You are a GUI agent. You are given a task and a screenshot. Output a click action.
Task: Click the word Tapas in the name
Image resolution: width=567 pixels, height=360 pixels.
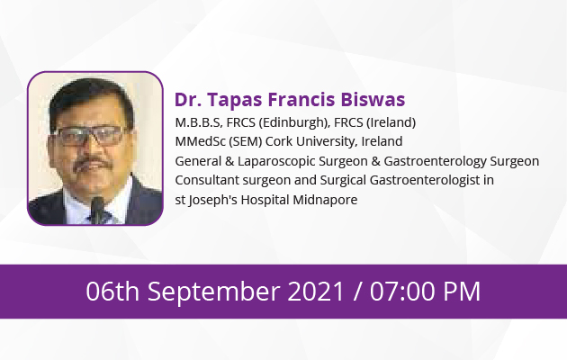[234, 100]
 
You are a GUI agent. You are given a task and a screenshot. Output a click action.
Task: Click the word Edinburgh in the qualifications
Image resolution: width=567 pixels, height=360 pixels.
[292, 122]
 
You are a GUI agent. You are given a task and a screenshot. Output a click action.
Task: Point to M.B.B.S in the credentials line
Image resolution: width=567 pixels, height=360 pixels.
[198, 122]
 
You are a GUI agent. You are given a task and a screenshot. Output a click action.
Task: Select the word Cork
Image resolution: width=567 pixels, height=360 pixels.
[278, 141]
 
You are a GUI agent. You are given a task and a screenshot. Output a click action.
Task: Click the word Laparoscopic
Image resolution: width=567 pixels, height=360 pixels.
[276, 162]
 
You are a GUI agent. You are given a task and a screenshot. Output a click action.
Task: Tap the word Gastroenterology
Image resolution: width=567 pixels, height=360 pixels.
[435, 162]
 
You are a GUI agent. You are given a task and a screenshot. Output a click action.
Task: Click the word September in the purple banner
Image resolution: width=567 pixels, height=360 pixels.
[214, 292]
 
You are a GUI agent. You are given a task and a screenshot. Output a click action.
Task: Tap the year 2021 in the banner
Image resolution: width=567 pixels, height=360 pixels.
[315, 291]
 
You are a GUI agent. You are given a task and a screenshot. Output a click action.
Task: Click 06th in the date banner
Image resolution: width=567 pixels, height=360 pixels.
[112, 291]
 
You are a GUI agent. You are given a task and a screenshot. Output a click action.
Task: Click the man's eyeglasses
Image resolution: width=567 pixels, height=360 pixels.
[90, 136]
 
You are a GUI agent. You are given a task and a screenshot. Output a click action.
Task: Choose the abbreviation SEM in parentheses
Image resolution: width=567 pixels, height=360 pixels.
[246, 141]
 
